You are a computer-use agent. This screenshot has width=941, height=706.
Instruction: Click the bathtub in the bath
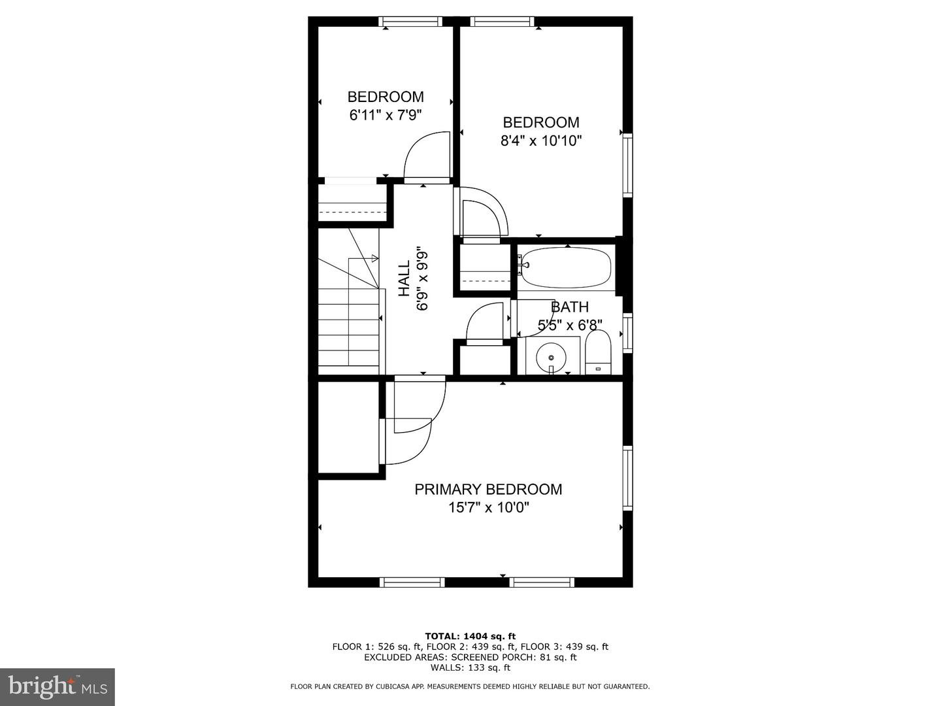coord(567,267)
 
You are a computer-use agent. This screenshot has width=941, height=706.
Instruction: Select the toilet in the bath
coord(597,353)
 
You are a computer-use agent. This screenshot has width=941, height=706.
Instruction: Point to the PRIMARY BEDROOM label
coord(488,489)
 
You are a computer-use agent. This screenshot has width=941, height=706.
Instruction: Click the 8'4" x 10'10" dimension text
coord(541,141)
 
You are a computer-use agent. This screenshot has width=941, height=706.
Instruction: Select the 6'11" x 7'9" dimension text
coord(386,115)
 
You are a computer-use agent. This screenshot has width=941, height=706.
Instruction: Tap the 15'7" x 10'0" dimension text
coord(488,507)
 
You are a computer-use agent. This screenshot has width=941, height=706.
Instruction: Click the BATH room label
coord(570,307)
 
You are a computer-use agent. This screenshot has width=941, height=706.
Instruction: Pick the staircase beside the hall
coord(349,314)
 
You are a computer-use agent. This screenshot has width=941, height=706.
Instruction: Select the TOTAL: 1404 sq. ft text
coord(470,635)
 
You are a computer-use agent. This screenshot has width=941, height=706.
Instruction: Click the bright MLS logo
coord(58,686)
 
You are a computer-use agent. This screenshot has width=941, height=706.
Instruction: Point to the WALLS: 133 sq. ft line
coord(470,667)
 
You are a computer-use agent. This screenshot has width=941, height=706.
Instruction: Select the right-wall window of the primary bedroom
coord(628,478)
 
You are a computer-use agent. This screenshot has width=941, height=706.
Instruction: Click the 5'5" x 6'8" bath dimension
coord(570,325)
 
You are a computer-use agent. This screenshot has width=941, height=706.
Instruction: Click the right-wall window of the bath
coord(628,333)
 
